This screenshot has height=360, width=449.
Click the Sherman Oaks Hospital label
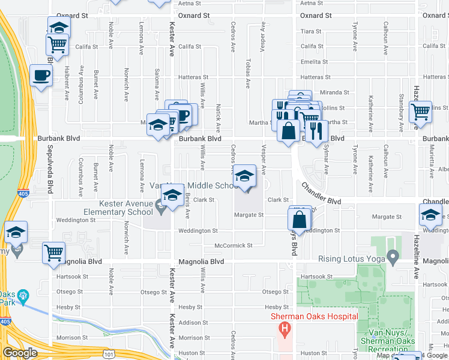tap(314, 316)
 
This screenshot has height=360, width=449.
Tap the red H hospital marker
tap(285, 329)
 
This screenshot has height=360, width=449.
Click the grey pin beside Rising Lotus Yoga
tap(393, 258)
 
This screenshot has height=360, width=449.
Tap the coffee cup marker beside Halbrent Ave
tap(41, 76)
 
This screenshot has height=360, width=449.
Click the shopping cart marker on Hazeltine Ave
tap(420, 112)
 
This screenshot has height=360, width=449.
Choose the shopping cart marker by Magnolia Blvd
tap(53, 253)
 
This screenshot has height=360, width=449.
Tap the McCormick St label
tap(234, 245)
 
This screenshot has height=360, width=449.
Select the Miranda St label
tap(334, 92)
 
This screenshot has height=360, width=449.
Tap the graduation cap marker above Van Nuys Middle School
tap(244, 176)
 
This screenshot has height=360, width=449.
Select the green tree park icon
tap(23, 295)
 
